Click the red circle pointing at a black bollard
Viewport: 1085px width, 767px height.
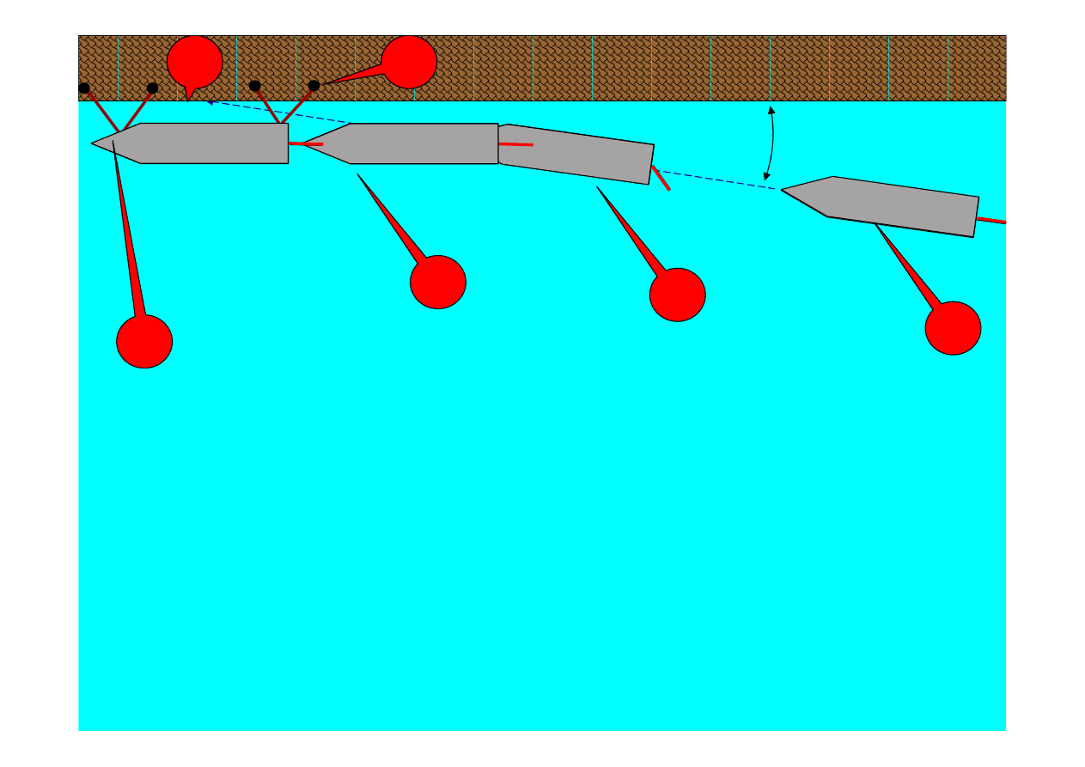click(409, 62)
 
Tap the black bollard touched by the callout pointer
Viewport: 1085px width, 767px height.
click(314, 85)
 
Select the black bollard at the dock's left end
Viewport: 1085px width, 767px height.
click(84, 88)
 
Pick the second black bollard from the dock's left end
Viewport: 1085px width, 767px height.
click(153, 88)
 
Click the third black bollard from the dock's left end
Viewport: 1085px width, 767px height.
click(254, 85)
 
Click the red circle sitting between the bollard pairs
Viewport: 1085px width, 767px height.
click(195, 61)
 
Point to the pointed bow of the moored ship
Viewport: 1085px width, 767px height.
click(94, 143)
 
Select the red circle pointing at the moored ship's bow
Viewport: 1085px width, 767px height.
click(144, 341)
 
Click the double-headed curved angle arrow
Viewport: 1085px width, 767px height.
click(771, 143)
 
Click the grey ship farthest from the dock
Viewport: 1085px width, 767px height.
click(885, 206)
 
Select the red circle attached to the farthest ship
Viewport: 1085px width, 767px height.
click(953, 327)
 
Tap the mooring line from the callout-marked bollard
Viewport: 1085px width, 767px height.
click(297, 105)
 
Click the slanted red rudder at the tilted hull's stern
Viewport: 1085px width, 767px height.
click(661, 178)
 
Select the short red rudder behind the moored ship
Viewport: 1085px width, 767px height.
click(305, 143)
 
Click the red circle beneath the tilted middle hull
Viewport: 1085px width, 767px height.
click(677, 295)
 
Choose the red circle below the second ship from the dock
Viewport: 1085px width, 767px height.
click(438, 282)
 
